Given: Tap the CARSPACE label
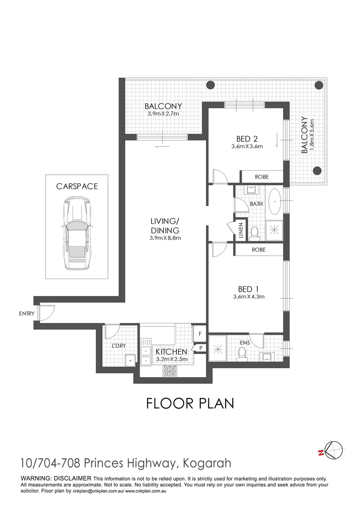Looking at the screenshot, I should pyautogui.click(x=77, y=186).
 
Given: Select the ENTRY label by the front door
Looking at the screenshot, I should pyautogui.click(x=27, y=313).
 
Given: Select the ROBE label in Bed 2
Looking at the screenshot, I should pyautogui.click(x=262, y=177).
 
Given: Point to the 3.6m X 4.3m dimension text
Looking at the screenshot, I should pyautogui.click(x=249, y=297).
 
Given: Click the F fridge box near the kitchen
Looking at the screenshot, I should pyautogui.click(x=200, y=334).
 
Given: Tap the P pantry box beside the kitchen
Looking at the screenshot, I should pyautogui.click(x=200, y=348).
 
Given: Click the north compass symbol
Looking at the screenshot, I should pyautogui.click(x=333, y=450).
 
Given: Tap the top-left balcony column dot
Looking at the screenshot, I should pyautogui.click(x=210, y=85).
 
